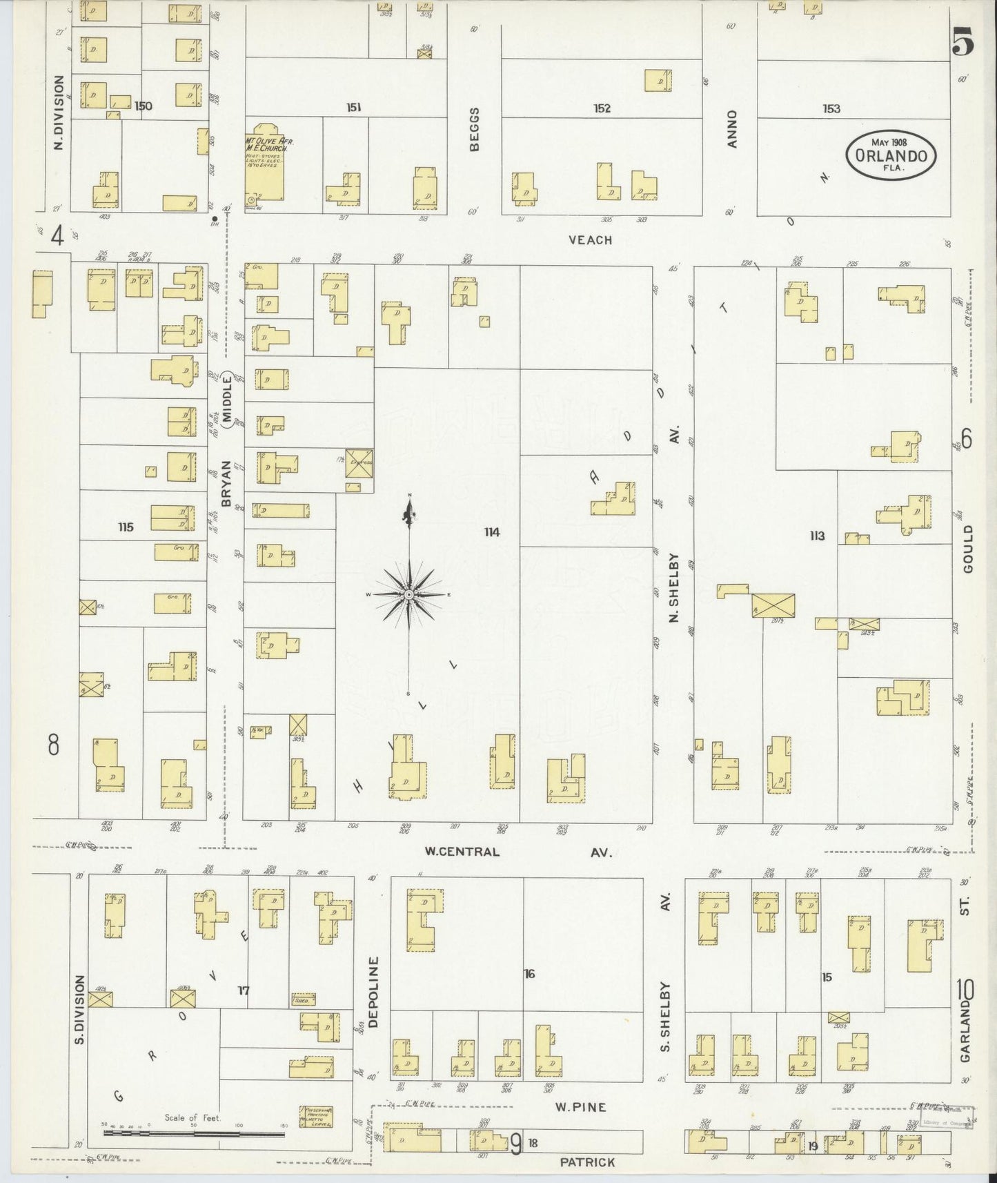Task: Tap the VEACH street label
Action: click(x=590, y=239)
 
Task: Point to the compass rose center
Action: click(x=409, y=594)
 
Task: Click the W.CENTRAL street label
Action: click(x=462, y=852)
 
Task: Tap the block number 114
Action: click(x=491, y=532)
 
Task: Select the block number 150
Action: click(x=144, y=106)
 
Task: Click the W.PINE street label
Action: click(x=581, y=1107)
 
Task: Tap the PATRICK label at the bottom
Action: click(x=587, y=1162)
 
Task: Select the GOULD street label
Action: click(x=967, y=548)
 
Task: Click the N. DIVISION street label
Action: click(x=59, y=113)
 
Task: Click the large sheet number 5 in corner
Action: click(x=963, y=43)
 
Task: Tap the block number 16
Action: click(x=529, y=974)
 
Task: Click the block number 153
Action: click(x=831, y=108)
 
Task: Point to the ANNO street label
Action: click(x=732, y=128)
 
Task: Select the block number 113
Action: click(x=817, y=536)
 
